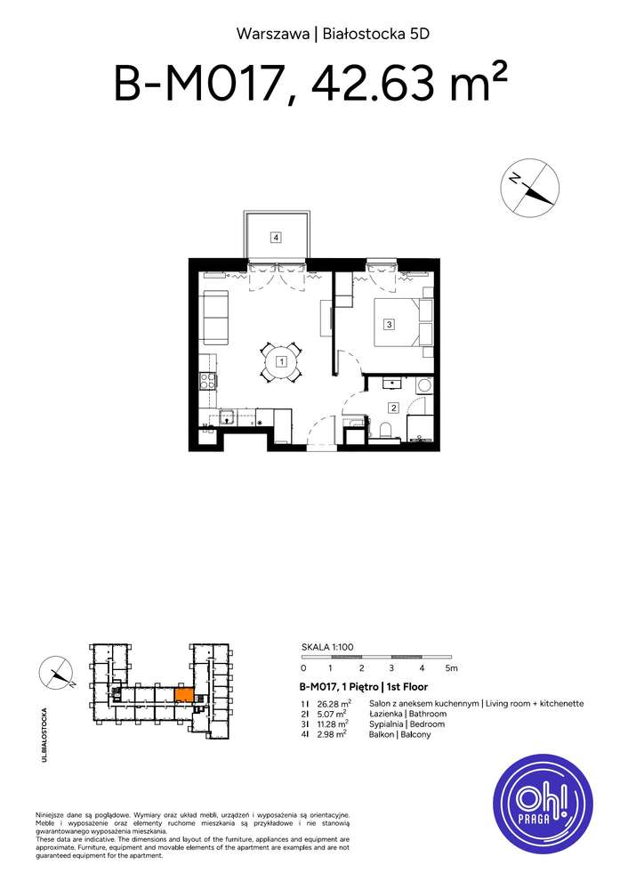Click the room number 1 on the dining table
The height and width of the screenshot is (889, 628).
(280, 362)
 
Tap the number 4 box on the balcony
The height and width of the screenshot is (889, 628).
(277, 237)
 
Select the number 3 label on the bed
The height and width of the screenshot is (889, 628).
(389, 325)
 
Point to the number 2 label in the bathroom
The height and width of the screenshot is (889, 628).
(393, 408)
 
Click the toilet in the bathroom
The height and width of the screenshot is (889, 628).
(384, 431)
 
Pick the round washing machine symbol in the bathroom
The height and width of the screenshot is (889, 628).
(423, 385)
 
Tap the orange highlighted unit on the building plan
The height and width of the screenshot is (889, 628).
(181, 695)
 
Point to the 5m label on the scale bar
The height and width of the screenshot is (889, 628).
(451, 667)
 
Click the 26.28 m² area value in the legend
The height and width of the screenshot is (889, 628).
(330, 703)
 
